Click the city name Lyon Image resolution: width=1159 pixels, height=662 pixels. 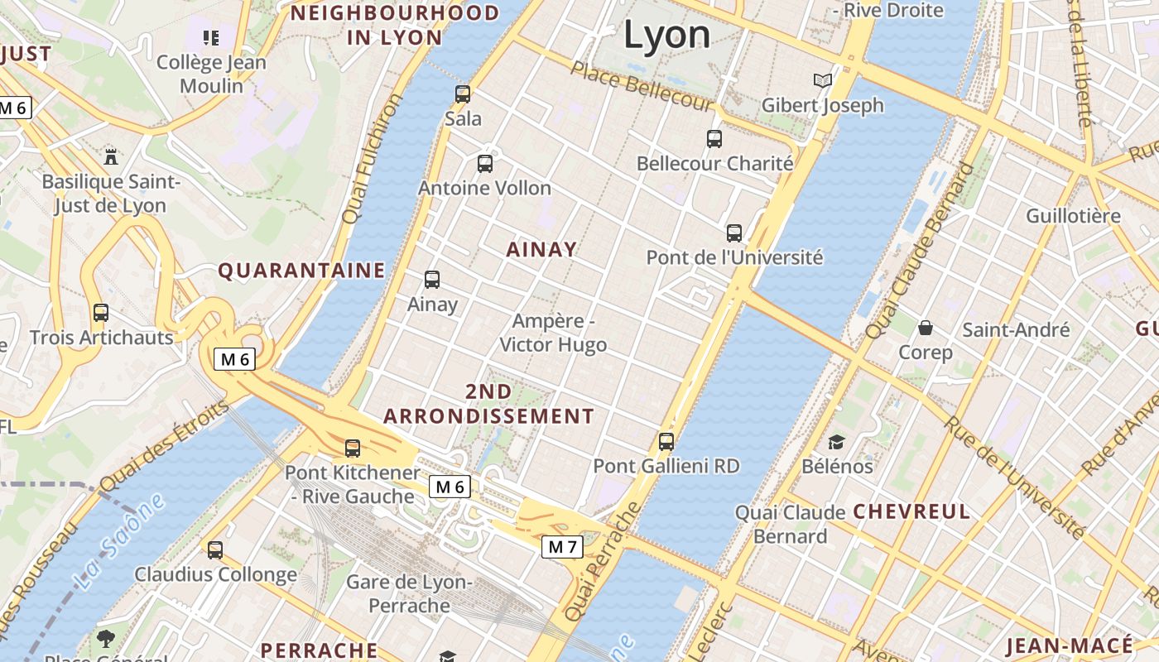pyautogui.click(x=666, y=35)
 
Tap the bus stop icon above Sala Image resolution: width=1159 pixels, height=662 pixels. pyautogui.click(x=463, y=94)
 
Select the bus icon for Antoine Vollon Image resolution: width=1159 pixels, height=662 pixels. pyautogui.click(x=485, y=164)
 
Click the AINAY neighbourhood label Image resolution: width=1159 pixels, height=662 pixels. pyautogui.click(x=541, y=249)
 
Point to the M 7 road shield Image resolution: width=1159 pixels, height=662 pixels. pyautogui.click(x=562, y=547)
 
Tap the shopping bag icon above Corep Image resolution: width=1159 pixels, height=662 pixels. pyautogui.click(x=926, y=328)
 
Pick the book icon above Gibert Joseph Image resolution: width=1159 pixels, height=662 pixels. pyautogui.click(x=822, y=80)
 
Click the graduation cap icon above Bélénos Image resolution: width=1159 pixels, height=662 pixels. pyautogui.click(x=836, y=442)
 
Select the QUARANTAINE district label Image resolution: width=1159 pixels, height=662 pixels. pyautogui.click(x=301, y=271)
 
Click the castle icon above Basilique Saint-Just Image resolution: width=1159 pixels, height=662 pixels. pyautogui.click(x=110, y=156)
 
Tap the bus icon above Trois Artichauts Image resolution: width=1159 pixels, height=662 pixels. pyautogui.click(x=101, y=313)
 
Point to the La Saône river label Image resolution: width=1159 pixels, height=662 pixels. pyautogui.click(x=119, y=544)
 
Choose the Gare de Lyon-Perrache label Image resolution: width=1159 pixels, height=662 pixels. pyautogui.click(x=409, y=593)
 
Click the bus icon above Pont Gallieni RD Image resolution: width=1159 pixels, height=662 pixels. pyautogui.click(x=666, y=442)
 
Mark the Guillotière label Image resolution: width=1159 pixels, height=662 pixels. pyautogui.click(x=1073, y=216)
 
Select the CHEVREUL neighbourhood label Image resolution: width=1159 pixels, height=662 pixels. pyautogui.click(x=911, y=511)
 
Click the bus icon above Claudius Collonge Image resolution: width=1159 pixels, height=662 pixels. pyautogui.click(x=215, y=549)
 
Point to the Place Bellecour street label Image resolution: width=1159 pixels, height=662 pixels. pyautogui.click(x=642, y=85)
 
